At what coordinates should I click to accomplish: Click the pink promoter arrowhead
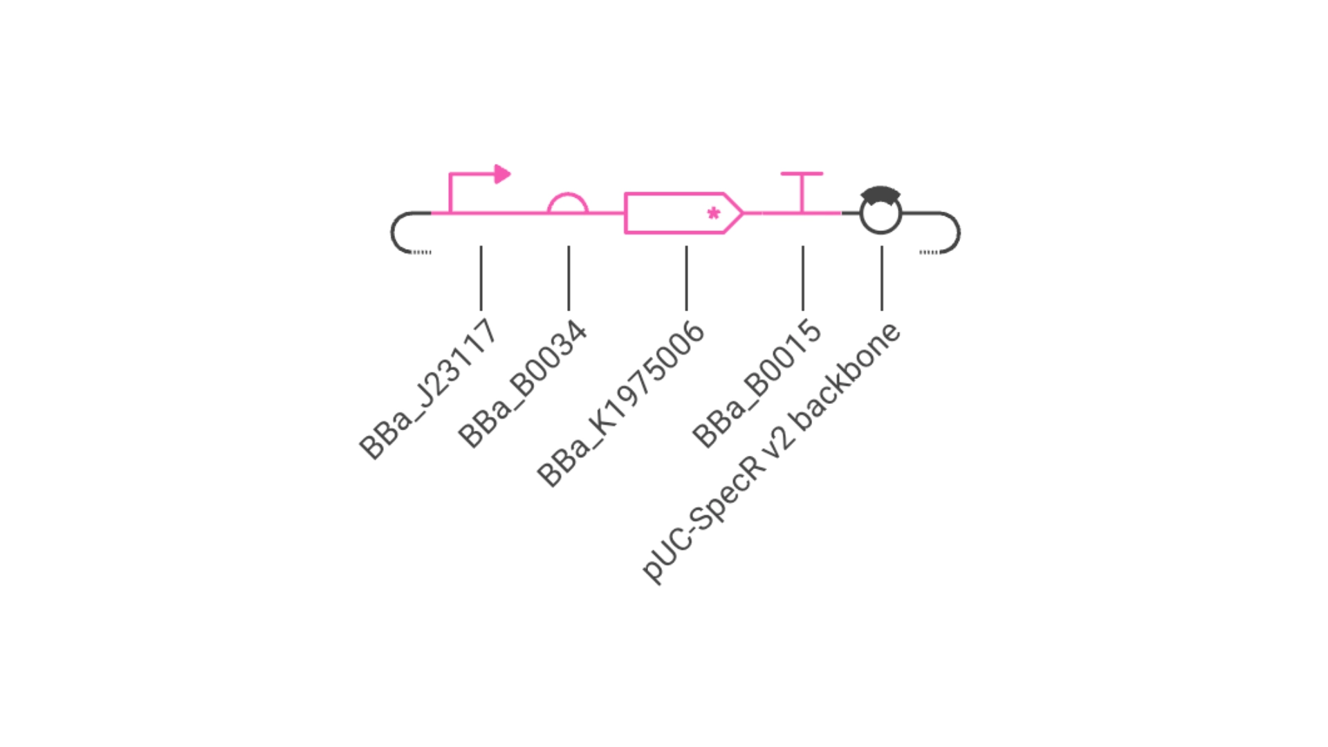[503, 174]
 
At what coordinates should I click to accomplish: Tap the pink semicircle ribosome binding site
[568, 194]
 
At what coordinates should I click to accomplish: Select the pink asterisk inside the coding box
[714, 214]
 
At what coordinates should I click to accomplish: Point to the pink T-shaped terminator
[802, 192]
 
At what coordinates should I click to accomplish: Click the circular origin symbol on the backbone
[860, 214]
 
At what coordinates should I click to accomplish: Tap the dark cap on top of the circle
[880, 194]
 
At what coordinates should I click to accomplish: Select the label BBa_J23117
[427, 389]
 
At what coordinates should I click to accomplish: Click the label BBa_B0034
[522, 384]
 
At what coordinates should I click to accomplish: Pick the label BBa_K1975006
[620, 404]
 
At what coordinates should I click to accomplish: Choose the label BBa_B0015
[757, 383]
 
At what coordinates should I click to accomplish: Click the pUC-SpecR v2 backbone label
[771, 453]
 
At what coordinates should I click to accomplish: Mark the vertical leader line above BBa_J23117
[481, 278]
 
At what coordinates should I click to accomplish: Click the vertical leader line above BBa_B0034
[569, 278]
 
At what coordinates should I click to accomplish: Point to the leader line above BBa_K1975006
[686, 278]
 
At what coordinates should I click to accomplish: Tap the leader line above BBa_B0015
[802, 278]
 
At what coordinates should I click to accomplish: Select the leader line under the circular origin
[882, 278]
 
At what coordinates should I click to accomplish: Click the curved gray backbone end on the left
[393, 232]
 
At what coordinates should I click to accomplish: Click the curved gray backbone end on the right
[959, 232]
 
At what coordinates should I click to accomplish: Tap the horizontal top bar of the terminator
[802, 173]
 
